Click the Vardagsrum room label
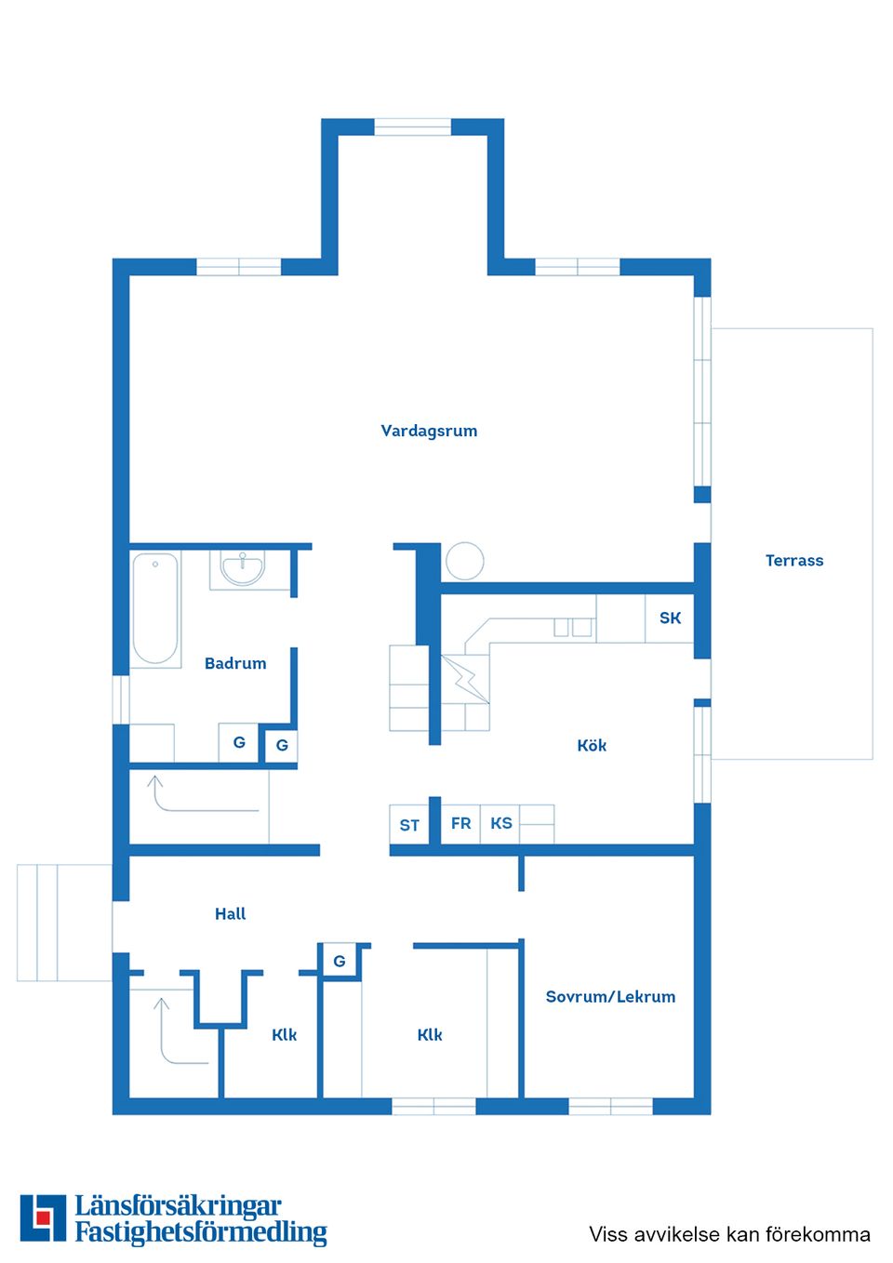tap(429, 431)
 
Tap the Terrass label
tap(793, 560)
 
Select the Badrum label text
tap(235, 663)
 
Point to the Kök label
tap(592, 745)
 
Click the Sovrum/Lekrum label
tap(610, 996)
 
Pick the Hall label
tap(230, 913)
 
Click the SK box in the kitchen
tap(670, 618)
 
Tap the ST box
tap(409, 825)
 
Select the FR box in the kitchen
tap(460, 823)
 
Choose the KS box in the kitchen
tap(500, 823)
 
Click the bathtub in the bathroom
tap(155, 608)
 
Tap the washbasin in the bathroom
tap(243, 567)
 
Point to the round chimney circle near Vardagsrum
tap(464, 562)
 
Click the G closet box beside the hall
tap(340, 961)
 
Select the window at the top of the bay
tap(412, 126)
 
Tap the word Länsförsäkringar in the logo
tap(178, 1206)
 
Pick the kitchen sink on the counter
tap(572, 628)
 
